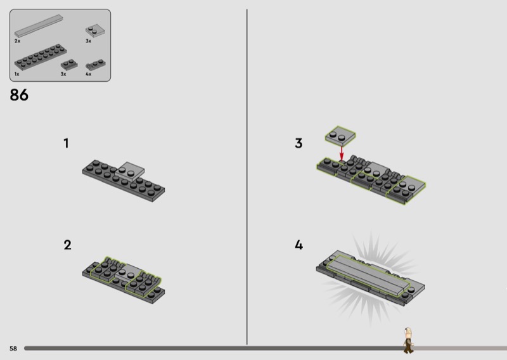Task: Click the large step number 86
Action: (19, 95)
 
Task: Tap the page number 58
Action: (13, 349)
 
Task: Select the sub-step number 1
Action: (67, 143)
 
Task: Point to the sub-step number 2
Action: (67, 245)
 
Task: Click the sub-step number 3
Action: (298, 143)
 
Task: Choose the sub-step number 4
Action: (298, 245)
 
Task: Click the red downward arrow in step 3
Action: (342, 153)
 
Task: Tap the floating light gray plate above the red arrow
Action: (340, 135)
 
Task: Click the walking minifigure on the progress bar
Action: (408, 340)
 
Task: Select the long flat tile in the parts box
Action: (39, 26)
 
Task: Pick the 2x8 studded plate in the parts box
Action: (41, 57)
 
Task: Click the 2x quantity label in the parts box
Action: (18, 41)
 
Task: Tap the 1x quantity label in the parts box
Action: (17, 74)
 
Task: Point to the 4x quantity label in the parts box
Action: (89, 74)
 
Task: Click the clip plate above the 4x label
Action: (96, 65)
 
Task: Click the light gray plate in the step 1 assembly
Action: (130, 170)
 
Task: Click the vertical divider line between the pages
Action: (247, 177)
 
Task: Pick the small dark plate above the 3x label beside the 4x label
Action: (69, 65)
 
